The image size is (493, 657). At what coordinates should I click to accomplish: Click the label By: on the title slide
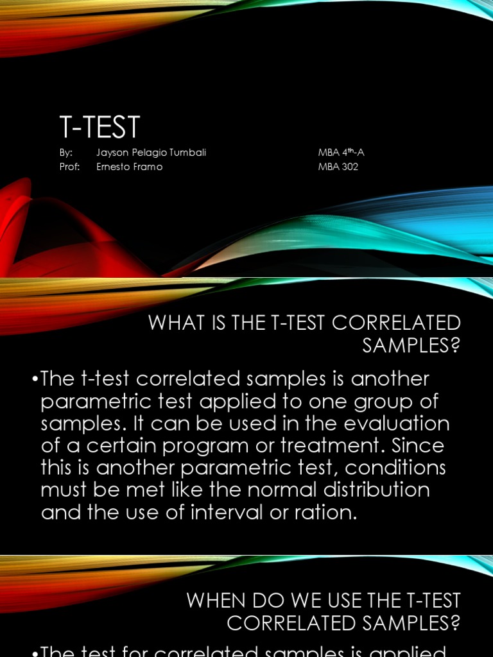point(65,153)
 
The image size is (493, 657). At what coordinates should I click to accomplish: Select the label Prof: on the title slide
point(67,167)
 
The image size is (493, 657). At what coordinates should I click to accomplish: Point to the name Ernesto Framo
point(129,167)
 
